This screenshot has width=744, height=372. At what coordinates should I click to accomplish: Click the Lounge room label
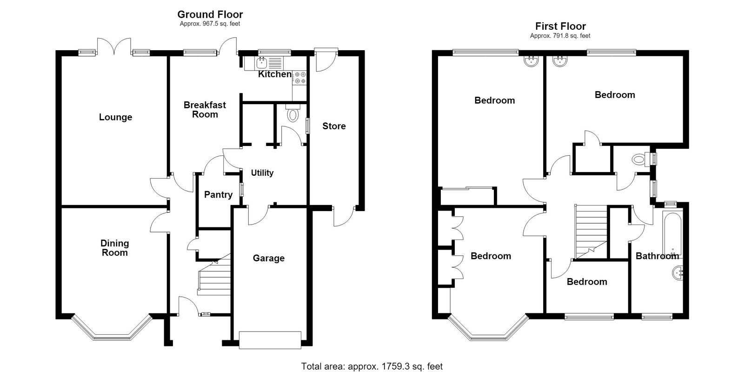[116, 117]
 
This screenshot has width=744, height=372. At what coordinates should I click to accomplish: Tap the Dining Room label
[114, 248]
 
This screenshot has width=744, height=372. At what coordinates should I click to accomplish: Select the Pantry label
[218, 195]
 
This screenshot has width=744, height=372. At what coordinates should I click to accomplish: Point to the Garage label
[269, 258]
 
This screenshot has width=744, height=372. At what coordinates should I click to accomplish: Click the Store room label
[334, 126]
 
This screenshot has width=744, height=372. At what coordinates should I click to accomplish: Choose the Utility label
[262, 173]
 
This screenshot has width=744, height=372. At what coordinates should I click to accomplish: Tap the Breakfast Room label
[205, 110]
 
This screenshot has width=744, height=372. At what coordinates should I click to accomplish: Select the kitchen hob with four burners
[300, 78]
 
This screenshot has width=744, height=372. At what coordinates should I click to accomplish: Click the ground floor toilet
[292, 113]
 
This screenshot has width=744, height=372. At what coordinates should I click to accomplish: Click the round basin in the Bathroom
[678, 273]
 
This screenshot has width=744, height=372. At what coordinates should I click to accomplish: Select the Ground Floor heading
[210, 14]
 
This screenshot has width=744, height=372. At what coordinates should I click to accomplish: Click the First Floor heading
[560, 26]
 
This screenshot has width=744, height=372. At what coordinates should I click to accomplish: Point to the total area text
[372, 366]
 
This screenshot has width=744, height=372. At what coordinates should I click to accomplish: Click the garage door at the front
[270, 340]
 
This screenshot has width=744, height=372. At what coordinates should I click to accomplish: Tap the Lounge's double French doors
[114, 46]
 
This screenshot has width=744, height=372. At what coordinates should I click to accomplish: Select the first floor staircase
[591, 232]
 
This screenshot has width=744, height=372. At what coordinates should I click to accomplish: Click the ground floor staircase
[214, 274]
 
